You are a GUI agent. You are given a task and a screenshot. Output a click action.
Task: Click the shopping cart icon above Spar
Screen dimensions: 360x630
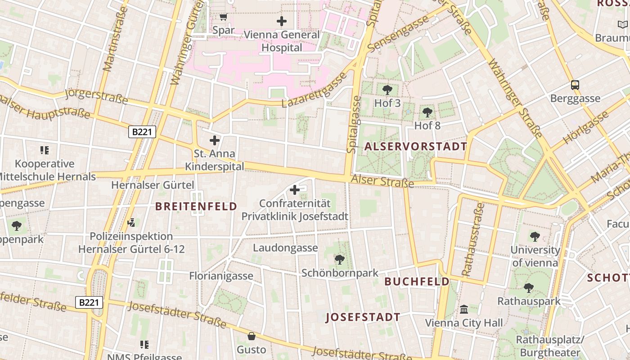pos(223,17)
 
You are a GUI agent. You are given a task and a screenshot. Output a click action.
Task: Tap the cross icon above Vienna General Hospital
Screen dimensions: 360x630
pos(282,21)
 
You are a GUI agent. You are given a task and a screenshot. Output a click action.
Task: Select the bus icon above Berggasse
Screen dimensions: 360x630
pos(575,85)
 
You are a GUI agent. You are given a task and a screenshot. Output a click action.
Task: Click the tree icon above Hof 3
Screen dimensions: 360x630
pos(387,90)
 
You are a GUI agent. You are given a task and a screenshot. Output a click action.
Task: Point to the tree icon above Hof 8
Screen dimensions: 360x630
pos(427,112)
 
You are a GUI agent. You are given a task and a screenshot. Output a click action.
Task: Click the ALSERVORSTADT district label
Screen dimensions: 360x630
pos(416,146)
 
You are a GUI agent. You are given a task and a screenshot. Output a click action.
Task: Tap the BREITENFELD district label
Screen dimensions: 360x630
pos(196,206)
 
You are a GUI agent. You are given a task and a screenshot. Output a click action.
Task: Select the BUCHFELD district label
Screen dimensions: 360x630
pos(417,282)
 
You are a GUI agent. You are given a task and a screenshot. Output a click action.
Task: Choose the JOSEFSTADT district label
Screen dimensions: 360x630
pos(363,317)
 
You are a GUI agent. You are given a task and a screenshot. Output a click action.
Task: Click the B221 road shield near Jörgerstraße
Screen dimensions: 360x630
pos(142,132)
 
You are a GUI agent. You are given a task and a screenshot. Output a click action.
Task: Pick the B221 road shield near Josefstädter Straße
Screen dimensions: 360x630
pos(89,302)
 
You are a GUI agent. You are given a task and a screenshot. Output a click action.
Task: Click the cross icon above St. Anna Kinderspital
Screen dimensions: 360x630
pos(215,140)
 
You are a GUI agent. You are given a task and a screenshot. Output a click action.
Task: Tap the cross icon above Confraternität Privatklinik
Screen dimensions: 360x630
pos(295,190)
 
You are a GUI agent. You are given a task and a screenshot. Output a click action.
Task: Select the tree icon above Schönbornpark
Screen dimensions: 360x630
pos(340,259)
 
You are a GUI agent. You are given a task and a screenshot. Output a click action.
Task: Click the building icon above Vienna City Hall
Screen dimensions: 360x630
pos(464,310)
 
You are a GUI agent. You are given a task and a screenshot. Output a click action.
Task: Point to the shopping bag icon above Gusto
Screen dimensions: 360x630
pos(252,336)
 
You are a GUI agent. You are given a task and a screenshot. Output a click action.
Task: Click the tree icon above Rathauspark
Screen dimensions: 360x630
pos(529,288)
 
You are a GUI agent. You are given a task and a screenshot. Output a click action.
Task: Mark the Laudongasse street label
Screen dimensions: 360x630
pos(285,248)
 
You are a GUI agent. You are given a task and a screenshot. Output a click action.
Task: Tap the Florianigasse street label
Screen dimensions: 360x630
pos(221,276)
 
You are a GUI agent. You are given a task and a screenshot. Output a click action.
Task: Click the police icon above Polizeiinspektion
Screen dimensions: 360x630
pos(131,222)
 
